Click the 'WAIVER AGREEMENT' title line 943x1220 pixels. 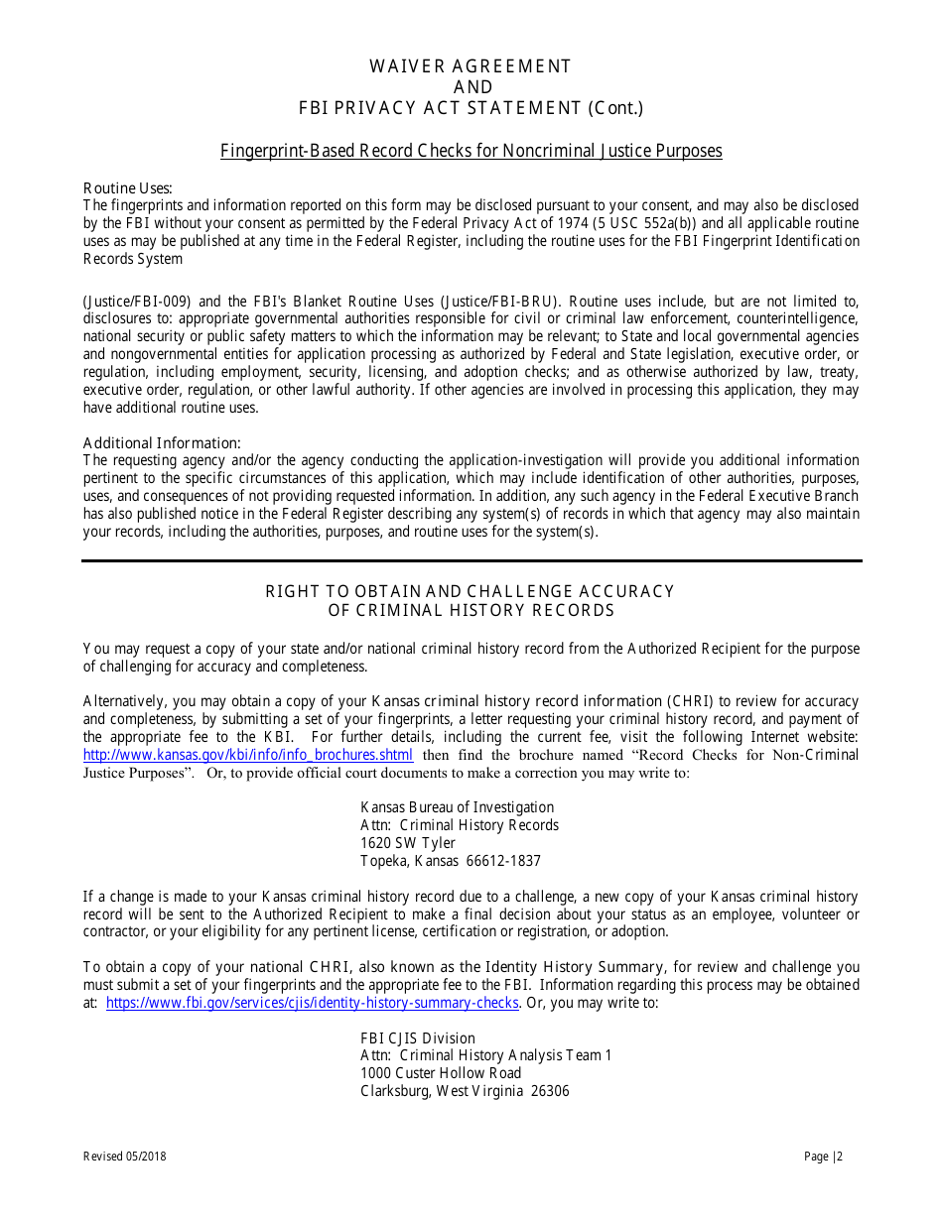click(x=471, y=66)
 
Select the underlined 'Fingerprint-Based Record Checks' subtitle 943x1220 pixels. click(x=471, y=151)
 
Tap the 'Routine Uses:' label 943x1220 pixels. click(x=127, y=188)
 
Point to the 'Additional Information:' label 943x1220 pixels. click(x=162, y=443)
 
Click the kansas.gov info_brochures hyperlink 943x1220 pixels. click(x=247, y=755)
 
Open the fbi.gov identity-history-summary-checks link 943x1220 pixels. click(x=312, y=1003)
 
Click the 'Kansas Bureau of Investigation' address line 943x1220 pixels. click(x=457, y=807)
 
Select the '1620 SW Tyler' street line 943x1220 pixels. click(x=407, y=843)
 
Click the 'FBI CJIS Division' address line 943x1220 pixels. click(x=417, y=1038)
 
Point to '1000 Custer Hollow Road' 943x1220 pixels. click(x=440, y=1073)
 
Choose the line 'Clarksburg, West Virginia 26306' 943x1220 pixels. click(x=465, y=1091)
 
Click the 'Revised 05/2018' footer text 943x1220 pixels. click(x=118, y=1157)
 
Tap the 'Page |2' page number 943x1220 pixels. click(x=823, y=1157)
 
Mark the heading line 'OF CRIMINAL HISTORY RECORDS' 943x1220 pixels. click(x=471, y=610)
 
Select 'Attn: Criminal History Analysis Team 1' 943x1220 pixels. click(x=485, y=1055)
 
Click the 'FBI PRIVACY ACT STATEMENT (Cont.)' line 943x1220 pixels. click(x=471, y=108)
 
